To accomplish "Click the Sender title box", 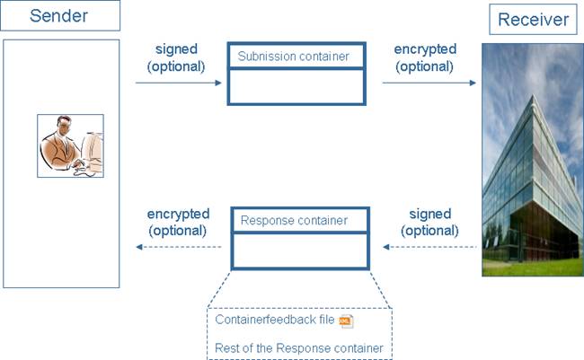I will click(59, 15).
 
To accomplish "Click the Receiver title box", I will click(533, 19).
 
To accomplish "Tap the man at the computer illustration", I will click(70, 145).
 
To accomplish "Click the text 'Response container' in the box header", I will click(294, 219).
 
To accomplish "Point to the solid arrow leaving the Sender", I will click(179, 83).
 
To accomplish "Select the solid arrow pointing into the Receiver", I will click(429, 83).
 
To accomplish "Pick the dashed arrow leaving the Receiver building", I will click(429, 245).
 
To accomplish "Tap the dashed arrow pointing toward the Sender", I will click(178, 245).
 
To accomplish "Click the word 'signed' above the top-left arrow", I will click(175, 50).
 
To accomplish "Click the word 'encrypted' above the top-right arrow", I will click(425, 49).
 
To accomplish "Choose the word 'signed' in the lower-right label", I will click(429, 214).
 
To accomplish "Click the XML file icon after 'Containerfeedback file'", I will click(346, 321).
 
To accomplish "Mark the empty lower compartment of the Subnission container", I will click(296, 86).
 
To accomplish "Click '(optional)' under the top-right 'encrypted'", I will click(425, 66).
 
